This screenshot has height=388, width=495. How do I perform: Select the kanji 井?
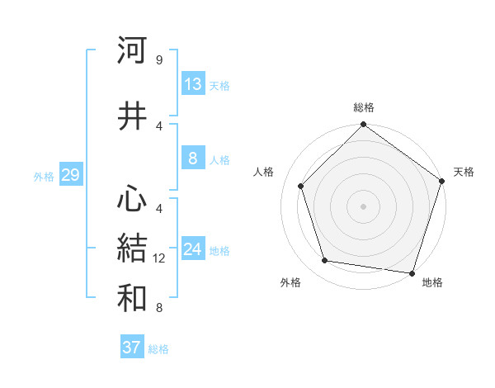point(132,116)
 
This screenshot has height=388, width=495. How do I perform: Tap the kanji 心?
point(132,199)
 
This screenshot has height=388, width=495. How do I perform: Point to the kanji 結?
point(132,248)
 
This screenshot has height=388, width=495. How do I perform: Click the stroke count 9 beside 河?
point(158,60)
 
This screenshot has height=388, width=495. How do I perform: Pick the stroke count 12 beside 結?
point(161,258)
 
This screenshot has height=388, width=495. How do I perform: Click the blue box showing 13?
point(193,84)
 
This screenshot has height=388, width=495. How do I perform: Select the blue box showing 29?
point(70,175)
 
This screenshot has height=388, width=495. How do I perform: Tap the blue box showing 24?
point(193,249)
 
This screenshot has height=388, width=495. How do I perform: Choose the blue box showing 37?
point(132,348)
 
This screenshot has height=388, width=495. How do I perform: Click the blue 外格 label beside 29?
point(44,176)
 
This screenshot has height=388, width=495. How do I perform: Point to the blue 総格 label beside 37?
point(158,349)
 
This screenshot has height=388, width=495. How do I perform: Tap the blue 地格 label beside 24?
point(219,251)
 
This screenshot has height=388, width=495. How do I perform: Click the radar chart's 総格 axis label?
point(364,107)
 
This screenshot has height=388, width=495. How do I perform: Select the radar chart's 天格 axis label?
point(464,172)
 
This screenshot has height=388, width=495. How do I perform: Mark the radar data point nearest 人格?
point(301,186)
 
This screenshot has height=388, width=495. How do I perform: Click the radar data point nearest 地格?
point(412,272)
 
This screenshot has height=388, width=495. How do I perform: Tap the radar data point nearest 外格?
point(325,261)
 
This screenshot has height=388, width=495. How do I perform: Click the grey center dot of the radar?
point(364,206)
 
